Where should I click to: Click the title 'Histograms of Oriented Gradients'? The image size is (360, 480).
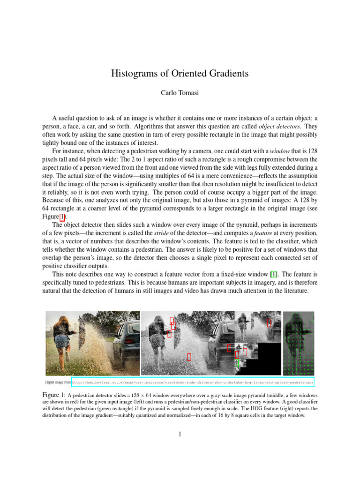180,74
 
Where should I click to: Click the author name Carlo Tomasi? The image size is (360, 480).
180,93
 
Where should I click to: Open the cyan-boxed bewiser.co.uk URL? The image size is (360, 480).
193,382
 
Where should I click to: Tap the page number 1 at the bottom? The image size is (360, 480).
180,434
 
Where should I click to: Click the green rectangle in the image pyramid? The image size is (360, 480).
237,362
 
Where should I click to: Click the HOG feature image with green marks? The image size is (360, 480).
299,343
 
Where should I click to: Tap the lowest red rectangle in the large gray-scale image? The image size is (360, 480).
189,357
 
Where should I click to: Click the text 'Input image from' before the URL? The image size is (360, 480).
58,382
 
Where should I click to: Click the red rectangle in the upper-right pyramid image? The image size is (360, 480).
269,322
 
